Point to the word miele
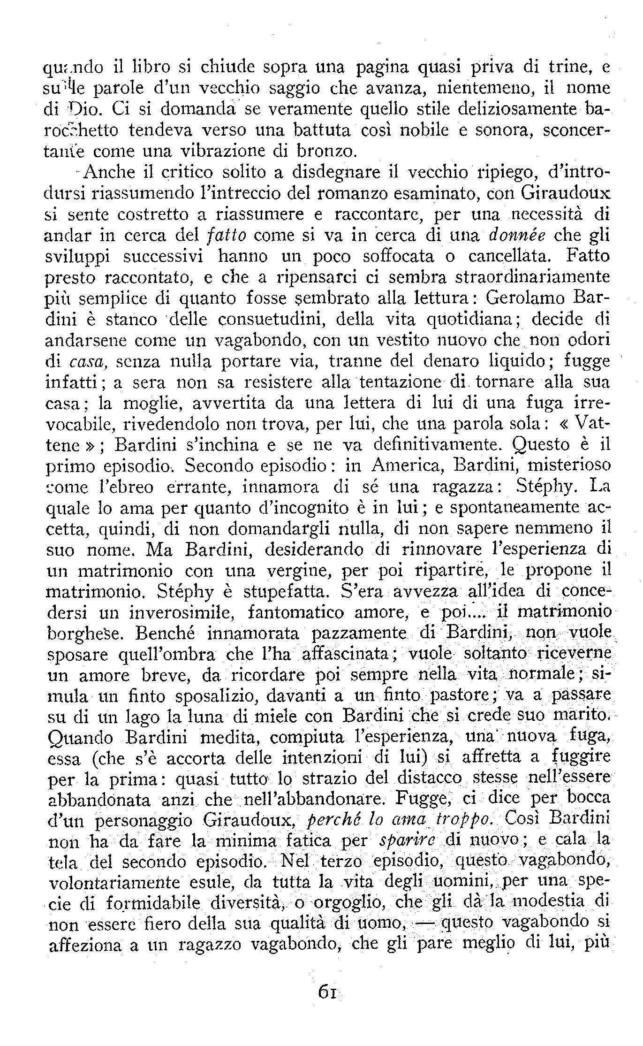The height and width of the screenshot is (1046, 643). coord(290,717)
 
